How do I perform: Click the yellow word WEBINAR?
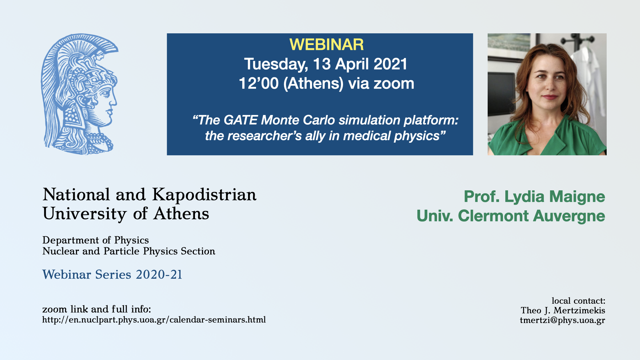point(326,45)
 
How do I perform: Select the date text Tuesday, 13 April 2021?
point(326,64)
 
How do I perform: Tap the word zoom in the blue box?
point(394,83)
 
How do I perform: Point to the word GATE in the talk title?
point(240,120)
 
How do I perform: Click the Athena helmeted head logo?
point(79,94)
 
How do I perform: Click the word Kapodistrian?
point(204,195)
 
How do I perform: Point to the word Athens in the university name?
point(181,214)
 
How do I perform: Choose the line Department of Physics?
point(96,240)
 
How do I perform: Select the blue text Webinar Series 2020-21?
point(112,275)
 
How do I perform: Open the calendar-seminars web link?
point(154,320)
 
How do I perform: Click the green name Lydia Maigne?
point(555,197)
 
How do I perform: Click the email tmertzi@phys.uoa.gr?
point(562,321)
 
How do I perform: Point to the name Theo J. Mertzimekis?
point(563,311)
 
